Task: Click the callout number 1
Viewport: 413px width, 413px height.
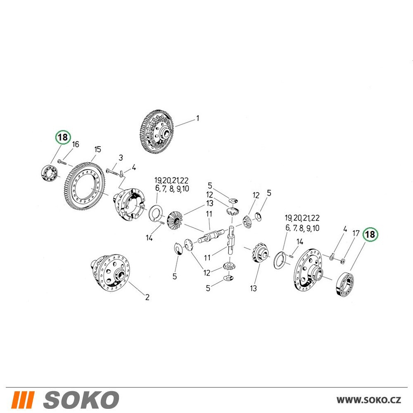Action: [197, 118]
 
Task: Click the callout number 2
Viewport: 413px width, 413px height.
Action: [147, 297]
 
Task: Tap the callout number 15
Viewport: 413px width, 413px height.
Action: [97, 150]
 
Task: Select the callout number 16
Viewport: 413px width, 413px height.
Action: [76, 144]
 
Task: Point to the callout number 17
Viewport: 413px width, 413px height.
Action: [356, 233]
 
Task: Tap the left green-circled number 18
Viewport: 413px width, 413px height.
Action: [63, 137]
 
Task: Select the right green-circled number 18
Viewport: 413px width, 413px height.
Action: [370, 234]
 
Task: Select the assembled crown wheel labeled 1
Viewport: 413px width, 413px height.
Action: [157, 132]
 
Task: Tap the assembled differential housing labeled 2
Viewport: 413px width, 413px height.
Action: [110, 273]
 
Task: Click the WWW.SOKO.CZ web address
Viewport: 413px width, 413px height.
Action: [369, 400]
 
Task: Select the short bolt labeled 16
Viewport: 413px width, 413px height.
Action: [63, 162]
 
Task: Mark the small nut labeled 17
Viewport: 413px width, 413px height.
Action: [343, 261]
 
